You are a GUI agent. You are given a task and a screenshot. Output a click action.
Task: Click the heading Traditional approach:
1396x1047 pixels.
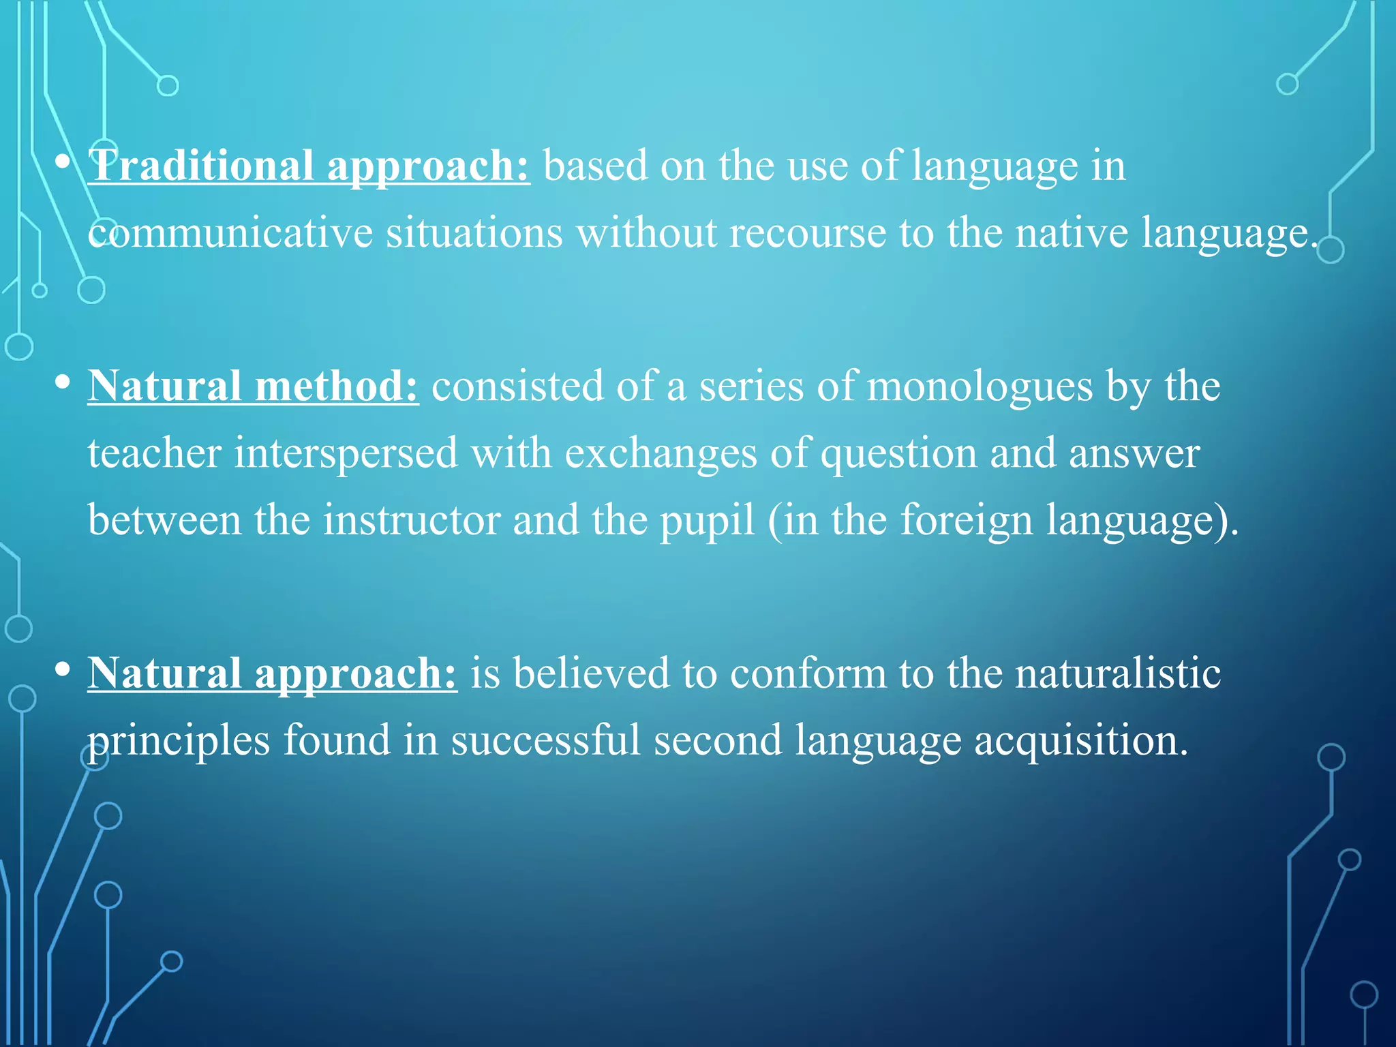[x=309, y=166]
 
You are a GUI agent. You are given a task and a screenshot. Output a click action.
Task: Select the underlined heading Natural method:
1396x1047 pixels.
[x=253, y=386]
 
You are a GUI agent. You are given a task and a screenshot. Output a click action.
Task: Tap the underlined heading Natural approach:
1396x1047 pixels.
[x=272, y=673]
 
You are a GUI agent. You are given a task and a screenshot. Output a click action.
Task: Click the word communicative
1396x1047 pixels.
[x=230, y=233]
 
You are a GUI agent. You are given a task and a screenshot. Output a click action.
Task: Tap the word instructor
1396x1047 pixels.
[x=412, y=520]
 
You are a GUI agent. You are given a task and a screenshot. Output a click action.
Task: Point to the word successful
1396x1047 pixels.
[x=545, y=740]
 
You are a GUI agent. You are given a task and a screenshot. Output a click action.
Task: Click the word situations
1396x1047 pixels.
[x=474, y=233]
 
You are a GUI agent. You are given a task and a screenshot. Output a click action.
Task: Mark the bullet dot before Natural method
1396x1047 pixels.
[x=63, y=382]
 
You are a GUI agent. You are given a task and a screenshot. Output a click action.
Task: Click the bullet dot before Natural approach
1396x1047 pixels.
[x=63, y=669]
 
